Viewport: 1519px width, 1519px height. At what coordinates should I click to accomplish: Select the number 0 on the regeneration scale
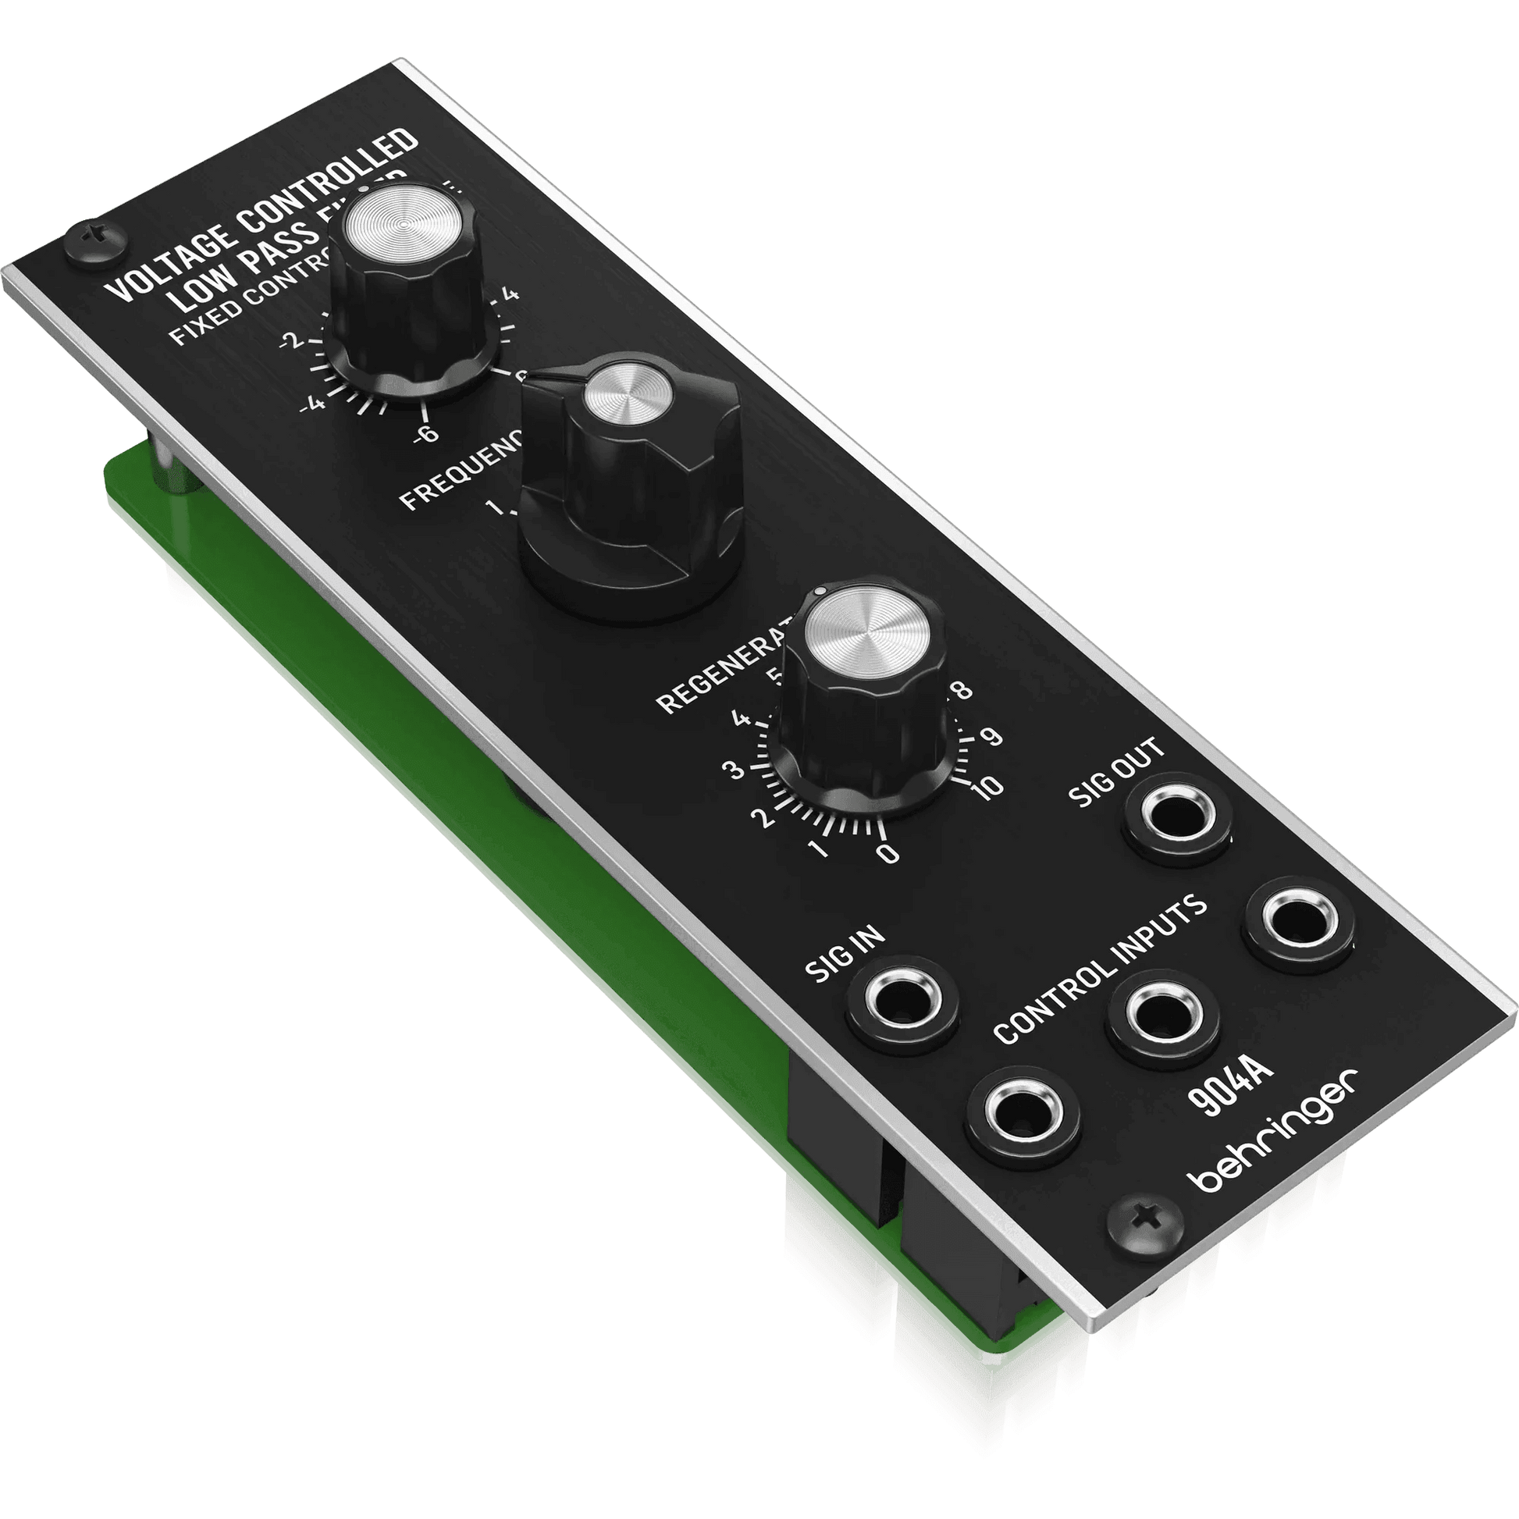pos(888,853)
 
